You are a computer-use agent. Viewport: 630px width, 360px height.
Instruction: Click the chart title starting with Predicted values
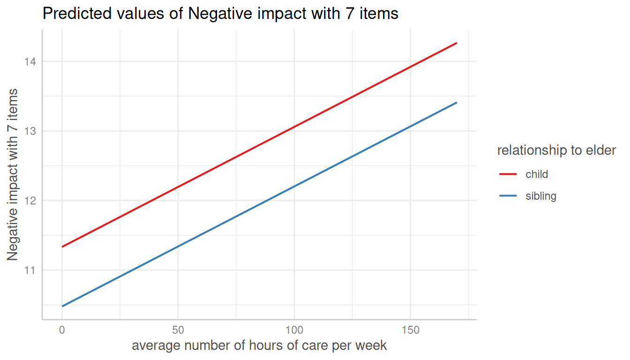pos(220,14)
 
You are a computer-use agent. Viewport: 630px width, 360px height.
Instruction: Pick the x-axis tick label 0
pos(62,330)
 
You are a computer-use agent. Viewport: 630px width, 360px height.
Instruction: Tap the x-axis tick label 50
pos(178,330)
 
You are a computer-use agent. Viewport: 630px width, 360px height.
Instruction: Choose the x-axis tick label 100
pos(294,330)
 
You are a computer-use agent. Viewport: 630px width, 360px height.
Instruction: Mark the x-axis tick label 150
pos(411,330)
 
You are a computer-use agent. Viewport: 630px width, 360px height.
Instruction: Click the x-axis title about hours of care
pos(259,346)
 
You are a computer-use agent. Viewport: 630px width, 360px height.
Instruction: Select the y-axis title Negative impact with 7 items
pos(13,174)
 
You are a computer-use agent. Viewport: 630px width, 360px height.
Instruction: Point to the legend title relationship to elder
pos(556,150)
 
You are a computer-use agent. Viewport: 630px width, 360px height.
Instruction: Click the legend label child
pos(537,174)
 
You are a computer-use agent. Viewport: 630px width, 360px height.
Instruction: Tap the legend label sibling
pos(541,196)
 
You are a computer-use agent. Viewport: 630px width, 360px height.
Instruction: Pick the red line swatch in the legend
pos(508,174)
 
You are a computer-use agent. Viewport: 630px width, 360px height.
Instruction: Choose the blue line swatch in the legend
pos(508,196)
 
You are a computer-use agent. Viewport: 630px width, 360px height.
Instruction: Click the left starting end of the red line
pos(62,247)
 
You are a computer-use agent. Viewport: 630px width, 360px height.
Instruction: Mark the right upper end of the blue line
pos(456,103)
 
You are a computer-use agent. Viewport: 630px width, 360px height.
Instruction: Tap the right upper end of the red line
pos(456,43)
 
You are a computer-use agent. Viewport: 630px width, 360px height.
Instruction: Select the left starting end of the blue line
pos(62,306)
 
